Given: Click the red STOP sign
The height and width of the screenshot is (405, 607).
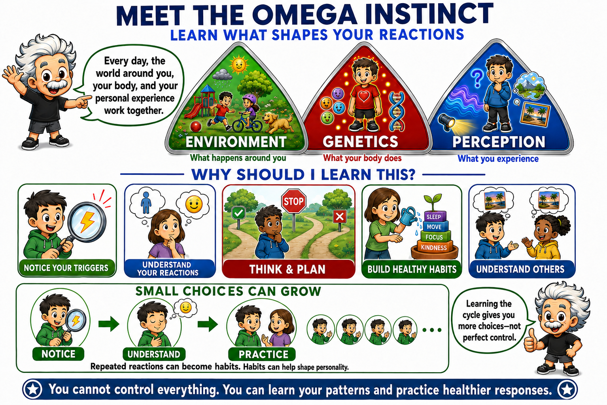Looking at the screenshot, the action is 293,201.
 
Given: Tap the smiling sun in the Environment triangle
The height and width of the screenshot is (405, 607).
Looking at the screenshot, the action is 239,65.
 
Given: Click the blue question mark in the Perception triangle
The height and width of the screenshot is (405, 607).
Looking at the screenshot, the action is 477,78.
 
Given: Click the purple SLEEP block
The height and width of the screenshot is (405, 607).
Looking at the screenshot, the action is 434,216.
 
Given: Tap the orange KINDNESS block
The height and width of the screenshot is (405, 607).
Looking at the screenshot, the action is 434,247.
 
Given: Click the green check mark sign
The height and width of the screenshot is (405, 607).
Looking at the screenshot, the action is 238,213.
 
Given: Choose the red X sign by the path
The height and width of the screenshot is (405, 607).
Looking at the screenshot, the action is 340,217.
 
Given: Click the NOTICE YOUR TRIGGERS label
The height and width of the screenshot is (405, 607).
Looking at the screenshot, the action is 66,268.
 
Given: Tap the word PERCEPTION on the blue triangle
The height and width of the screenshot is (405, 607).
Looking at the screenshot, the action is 499,142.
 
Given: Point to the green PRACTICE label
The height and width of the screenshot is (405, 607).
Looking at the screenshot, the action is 263,354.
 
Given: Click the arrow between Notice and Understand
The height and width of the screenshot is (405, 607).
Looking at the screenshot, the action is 109,324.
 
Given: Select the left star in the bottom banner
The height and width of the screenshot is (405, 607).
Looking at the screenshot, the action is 33,390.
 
